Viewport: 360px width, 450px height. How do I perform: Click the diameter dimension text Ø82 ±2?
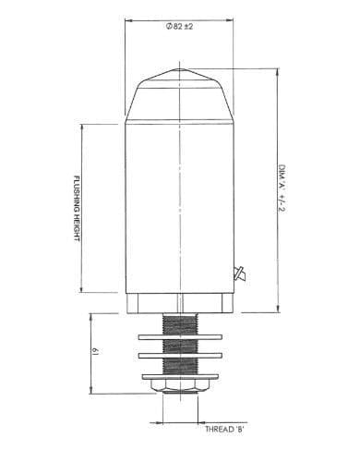pos(179,27)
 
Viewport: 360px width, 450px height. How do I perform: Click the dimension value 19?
pos(94,352)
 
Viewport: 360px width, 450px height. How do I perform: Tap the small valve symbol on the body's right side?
pos(239,272)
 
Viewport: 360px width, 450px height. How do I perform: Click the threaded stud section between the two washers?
pos(180,345)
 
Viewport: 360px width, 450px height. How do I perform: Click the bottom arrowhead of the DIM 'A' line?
pos(277,310)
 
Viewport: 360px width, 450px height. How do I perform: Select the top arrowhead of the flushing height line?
pos(84,123)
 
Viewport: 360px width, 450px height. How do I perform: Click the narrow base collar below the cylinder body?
pos(179,304)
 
